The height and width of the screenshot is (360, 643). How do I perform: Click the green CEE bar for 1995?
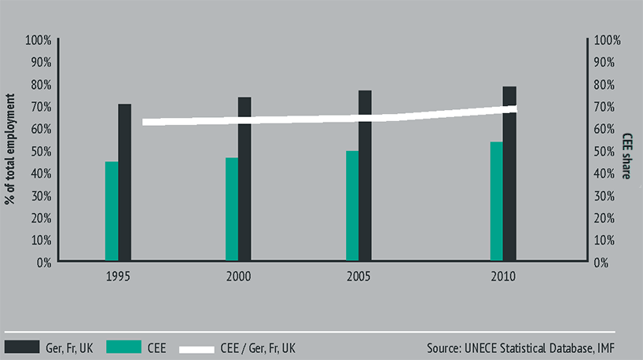click(x=112, y=211)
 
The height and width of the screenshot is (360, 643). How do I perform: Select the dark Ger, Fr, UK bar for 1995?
click(x=125, y=182)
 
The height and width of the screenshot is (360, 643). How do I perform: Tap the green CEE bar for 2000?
click(x=231, y=208)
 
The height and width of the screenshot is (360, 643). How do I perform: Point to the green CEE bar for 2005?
click(x=352, y=205)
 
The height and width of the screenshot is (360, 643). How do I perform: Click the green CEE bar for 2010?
click(x=496, y=200)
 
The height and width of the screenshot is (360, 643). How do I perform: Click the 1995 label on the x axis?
click(x=119, y=277)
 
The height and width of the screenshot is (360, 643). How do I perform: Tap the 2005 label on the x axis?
click(x=358, y=277)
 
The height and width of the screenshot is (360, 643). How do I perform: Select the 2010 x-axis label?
click(x=503, y=277)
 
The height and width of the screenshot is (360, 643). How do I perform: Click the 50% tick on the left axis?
click(x=40, y=151)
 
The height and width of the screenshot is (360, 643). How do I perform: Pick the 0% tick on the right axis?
click(x=603, y=262)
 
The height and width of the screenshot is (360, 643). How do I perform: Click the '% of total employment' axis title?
click(x=11, y=149)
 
